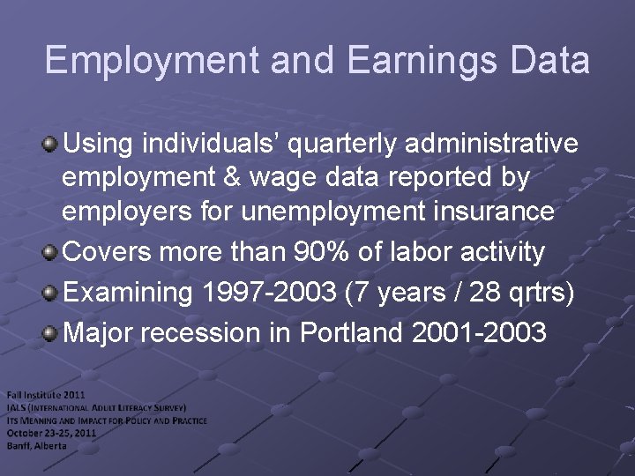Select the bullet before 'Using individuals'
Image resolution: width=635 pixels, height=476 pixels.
pos(52,142)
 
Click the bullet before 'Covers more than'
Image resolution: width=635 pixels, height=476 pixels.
pos(52,252)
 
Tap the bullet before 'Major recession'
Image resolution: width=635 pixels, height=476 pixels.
pos(52,334)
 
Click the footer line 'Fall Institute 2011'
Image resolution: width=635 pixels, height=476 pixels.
pos(46,394)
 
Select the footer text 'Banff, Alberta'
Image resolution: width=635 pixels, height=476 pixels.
pos(37,445)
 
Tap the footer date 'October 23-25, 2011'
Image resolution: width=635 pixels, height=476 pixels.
pos(52,433)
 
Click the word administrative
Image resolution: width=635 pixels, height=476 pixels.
pos(497,143)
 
